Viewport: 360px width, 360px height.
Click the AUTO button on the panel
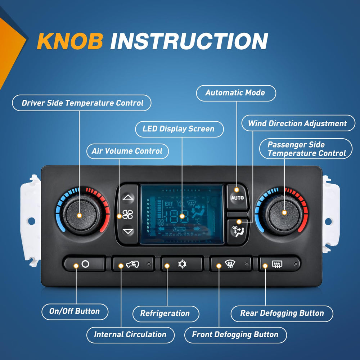pos(238,197)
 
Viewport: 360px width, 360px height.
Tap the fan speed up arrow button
pos(128,197)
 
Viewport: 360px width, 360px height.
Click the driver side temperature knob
pos(81,215)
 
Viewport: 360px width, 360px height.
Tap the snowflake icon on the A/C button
pos(182,264)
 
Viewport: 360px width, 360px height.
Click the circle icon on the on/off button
pos(85,264)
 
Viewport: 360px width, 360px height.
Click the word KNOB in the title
pos(70,41)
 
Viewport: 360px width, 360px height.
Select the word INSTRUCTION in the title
pos(189,41)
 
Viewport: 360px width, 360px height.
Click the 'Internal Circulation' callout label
pos(130,335)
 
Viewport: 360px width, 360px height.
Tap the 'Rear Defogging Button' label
pos(282,314)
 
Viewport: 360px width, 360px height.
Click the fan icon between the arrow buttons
pos(128,215)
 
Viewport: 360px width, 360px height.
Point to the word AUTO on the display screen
pos(179,229)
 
